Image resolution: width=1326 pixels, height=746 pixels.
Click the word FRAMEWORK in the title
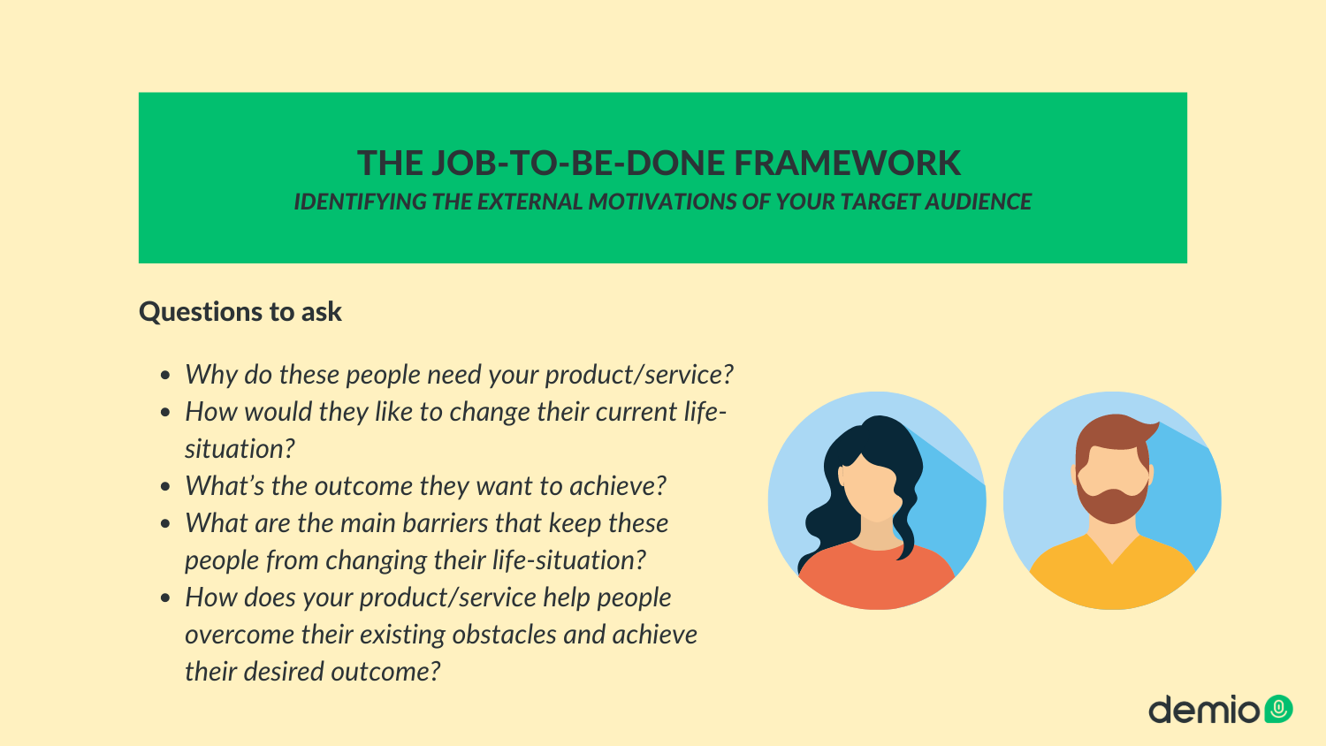847,163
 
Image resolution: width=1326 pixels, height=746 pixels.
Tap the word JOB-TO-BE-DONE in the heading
578,163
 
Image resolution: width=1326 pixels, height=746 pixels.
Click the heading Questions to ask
240,311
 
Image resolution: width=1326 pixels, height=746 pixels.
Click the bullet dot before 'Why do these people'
165,376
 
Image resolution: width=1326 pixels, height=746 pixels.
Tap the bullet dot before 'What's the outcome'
165,487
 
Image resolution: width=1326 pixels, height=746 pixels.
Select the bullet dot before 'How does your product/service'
165,598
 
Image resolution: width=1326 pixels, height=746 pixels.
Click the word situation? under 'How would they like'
240,449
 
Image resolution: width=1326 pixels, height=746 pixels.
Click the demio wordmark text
1203,709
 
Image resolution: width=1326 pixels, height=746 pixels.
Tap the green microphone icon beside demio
1278,709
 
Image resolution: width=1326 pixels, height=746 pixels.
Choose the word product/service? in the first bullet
639,375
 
